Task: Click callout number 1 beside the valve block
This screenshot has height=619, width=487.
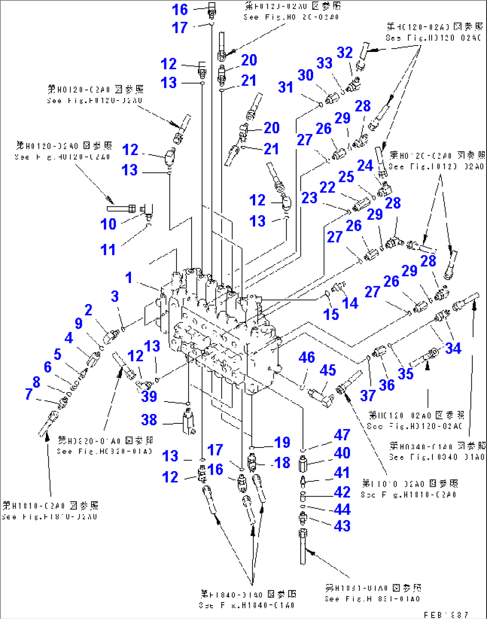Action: point(129,277)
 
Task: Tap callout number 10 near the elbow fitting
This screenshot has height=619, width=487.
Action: point(108,224)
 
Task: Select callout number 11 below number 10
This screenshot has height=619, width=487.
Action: point(108,250)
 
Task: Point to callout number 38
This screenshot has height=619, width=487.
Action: point(149,419)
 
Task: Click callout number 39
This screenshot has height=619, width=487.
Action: point(149,396)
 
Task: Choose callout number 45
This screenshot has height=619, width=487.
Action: point(327,370)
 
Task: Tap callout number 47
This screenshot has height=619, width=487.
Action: point(342,435)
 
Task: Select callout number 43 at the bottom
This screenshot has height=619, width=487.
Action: point(342,526)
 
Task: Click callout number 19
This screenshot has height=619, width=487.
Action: point(282,442)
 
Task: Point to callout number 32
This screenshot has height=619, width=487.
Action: point(344,52)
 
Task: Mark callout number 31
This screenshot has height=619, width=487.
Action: point(285,87)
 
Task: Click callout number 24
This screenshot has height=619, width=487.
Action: point(365,165)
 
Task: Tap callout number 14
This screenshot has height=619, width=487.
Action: point(350,303)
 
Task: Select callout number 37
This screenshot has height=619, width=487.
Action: point(368,395)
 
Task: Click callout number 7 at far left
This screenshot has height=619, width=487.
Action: point(29,394)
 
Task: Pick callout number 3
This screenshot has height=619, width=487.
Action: point(115,296)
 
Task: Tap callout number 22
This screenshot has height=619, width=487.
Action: point(327,187)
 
